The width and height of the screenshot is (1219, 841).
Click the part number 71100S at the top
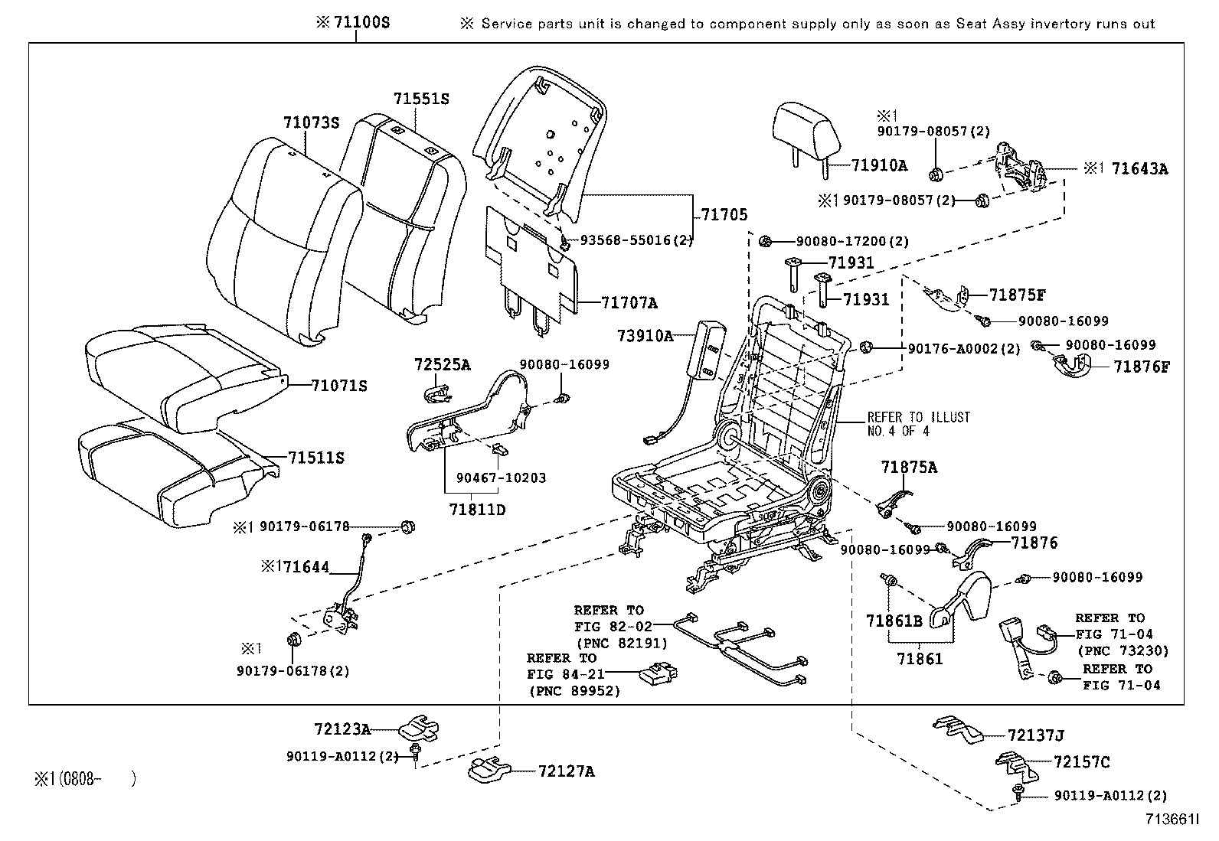click(x=362, y=22)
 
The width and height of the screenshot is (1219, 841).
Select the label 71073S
click(x=311, y=122)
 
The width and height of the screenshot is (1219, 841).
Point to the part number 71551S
click(x=421, y=99)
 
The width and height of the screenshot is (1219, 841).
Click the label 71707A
click(x=629, y=303)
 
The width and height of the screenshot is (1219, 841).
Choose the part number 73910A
click(x=645, y=335)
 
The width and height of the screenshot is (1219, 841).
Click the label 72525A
click(x=442, y=364)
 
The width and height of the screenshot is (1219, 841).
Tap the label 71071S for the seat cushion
click(x=339, y=386)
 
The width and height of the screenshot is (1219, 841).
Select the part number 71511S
click(x=316, y=458)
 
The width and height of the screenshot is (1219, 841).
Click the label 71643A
click(x=1140, y=169)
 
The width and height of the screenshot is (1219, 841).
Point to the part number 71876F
click(x=1142, y=367)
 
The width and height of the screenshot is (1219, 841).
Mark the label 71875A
click(x=909, y=467)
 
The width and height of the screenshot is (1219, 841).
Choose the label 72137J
click(x=1036, y=735)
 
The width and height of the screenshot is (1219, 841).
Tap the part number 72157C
click(x=1081, y=762)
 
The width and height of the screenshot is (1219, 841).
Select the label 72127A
click(x=566, y=771)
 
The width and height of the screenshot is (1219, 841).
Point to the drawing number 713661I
click(x=1172, y=820)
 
